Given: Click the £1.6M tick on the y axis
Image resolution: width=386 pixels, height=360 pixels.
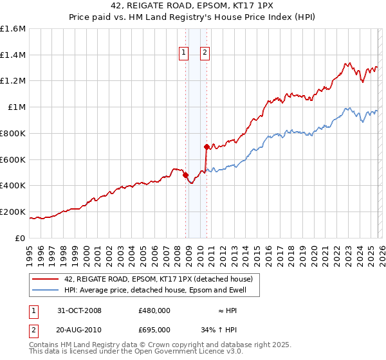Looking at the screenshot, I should pos(13,29).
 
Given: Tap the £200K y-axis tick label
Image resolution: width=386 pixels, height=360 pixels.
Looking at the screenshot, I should pos(13,212).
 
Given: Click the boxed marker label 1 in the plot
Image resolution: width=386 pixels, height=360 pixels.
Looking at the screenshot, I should pos(184,53).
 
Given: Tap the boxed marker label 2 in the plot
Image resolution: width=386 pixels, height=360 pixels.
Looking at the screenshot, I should pos(205,53).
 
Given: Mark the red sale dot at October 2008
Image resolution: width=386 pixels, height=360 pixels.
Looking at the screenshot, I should pos(186,175).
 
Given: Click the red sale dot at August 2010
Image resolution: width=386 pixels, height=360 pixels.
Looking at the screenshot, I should pos(207,147).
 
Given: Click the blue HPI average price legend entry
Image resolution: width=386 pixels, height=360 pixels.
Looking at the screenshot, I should pos(161,290).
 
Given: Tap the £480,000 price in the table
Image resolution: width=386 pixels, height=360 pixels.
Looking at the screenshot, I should pos(154,310).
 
